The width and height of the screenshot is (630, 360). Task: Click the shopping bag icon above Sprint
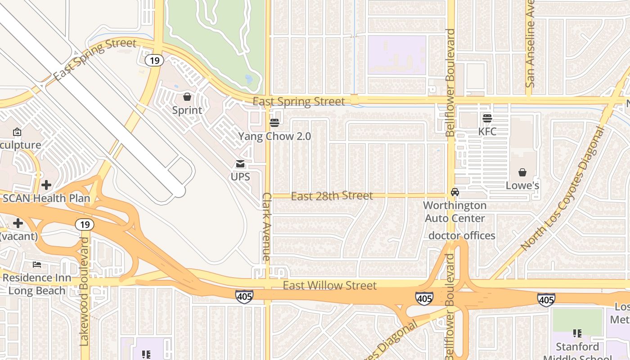click(x=187, y=97)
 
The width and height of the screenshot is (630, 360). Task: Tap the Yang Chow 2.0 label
click(x=274, y=136)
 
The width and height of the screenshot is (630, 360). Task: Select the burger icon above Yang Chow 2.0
click(x=274, y=122)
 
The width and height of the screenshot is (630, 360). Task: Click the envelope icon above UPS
click(x=240, y=164)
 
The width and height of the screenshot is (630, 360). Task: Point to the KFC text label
click(x=487, y=131)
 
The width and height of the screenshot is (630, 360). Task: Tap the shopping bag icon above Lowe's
click(x=522, y=172)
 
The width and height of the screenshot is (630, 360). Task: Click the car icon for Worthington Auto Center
click(x=455, y=192)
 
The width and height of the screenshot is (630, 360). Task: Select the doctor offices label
click(x=462, y=236)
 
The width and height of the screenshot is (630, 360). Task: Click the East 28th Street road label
click(x=332, y=196)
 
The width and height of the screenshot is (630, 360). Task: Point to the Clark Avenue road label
click(x=267, y=227)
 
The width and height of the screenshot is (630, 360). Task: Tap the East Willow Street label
click(x=330, y=285)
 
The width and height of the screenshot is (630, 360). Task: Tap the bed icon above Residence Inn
click(x=37, y=264)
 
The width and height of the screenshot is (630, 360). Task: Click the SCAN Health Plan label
click(x=46, y=198)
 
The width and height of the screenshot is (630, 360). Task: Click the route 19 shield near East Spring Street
click(x=154, y=60)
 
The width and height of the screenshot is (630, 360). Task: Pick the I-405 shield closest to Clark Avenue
click(x=244, y=296)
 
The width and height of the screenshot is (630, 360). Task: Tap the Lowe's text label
click(x=522, y=185)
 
